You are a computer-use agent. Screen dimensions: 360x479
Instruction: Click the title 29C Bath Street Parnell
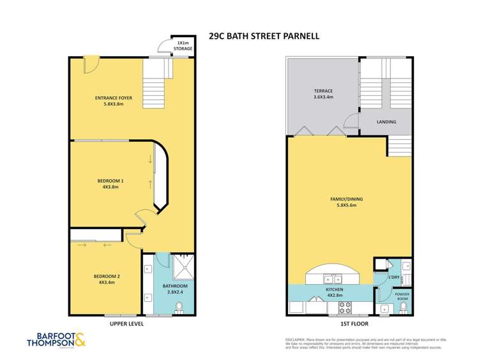pos(264,36)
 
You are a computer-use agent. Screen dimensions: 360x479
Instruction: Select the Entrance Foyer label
pos(113,101)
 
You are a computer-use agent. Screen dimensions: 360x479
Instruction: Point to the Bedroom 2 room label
pos(107,279)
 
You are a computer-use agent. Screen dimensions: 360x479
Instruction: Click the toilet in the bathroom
pos(179,308)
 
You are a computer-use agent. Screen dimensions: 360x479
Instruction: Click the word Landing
pos(386,122)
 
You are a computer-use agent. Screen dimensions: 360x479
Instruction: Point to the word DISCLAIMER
pos(295,340)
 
